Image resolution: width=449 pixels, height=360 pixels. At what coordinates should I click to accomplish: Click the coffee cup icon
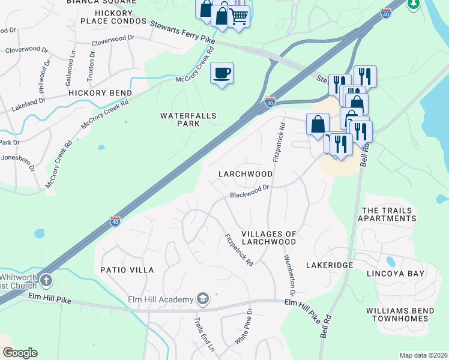(221, 73)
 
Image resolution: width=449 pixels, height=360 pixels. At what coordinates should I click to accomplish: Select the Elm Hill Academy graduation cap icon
(203, 299)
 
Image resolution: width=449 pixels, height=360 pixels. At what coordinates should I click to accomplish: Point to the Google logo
(20, 353)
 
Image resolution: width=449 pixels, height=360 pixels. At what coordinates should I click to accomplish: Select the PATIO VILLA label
(127, 270)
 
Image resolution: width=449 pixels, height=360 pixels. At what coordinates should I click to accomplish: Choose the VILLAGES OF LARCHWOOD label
(268, 238)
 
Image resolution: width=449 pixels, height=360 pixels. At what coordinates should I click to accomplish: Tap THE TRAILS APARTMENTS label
(387, 214)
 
